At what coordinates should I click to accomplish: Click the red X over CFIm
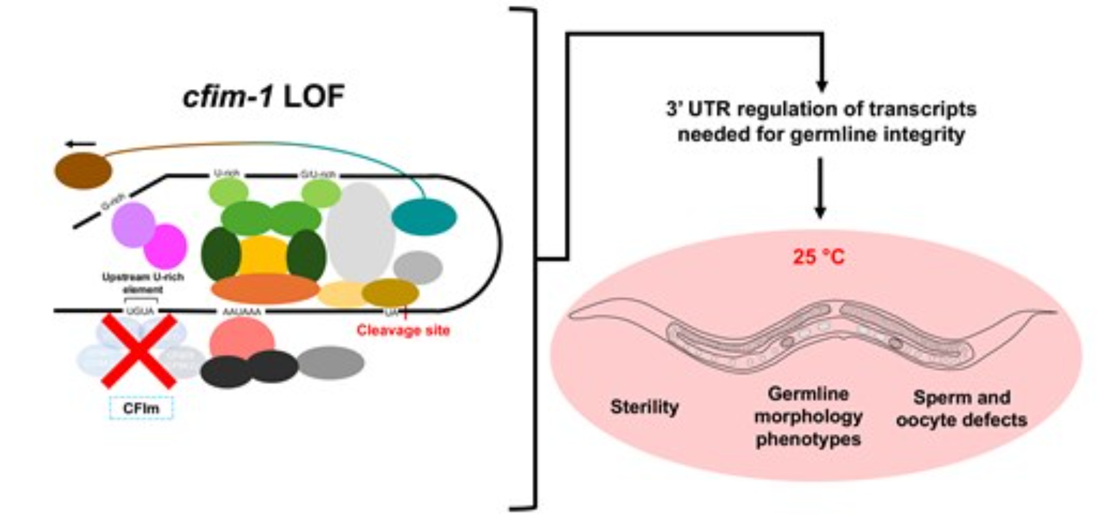(x=139, y=351)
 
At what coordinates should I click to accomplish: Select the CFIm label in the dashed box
(x=141, y=408)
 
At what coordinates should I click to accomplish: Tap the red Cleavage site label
(x=403, y=331)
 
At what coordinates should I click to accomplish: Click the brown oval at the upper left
(x=83, y=170)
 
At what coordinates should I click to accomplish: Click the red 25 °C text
(x=819, y=257)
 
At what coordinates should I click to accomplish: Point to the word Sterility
(x=644, y=407)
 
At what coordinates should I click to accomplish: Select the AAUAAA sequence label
(x=242, y=312)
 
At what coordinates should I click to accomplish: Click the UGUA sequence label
(x=140, y=311)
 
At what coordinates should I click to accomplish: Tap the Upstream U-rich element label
(x=143, y=283)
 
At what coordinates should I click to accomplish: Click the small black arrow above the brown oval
(x=81, y=144)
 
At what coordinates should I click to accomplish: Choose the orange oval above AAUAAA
(x=265, y=288)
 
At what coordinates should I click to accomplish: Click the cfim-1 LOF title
(x=264, y=97)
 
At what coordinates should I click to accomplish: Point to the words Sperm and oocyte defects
(x=962, y=409)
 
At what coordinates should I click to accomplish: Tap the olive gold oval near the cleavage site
(x=390, y=293)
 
